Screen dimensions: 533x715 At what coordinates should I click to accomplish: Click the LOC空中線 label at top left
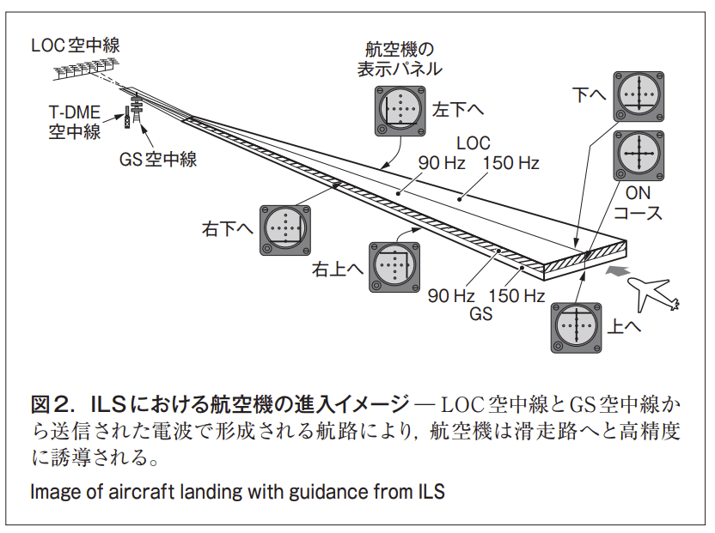(73, 45)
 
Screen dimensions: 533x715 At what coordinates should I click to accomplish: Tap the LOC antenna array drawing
(87, 70)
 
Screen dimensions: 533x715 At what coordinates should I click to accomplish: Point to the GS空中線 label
(158, 159)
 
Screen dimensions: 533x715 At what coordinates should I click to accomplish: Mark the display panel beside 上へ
(575, 327)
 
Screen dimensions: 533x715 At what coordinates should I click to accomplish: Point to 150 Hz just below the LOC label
(511, 162)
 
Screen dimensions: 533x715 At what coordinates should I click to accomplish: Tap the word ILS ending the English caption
(431, 493)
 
